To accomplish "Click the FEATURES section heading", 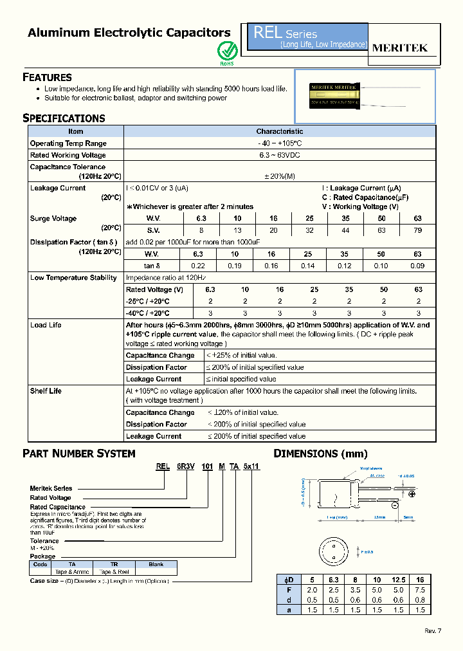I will (x=47, y=77).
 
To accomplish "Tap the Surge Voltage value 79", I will (x=418, y=230).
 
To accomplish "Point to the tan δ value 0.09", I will (x=418, y=266).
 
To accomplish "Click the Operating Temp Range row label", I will (x=68, y=143).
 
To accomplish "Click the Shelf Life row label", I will (x=46, y=391).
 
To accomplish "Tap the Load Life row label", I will (x=46, y=325).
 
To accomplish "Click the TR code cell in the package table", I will (x=114, y=564).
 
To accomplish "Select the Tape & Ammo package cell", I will (x=72, y=571).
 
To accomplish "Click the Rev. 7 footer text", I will (x=433, y=630).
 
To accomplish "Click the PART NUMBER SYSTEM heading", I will (x=79, y=454).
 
